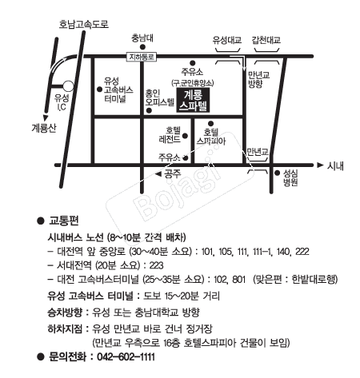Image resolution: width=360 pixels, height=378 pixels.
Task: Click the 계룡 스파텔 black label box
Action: click(x=193, y=99)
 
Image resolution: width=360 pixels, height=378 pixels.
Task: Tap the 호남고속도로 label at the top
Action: click(x=83, y=24)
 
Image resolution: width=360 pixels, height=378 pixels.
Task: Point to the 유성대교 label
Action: click(x=226, y=38)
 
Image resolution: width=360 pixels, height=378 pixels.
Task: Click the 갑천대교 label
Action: click(x=266, y=38)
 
